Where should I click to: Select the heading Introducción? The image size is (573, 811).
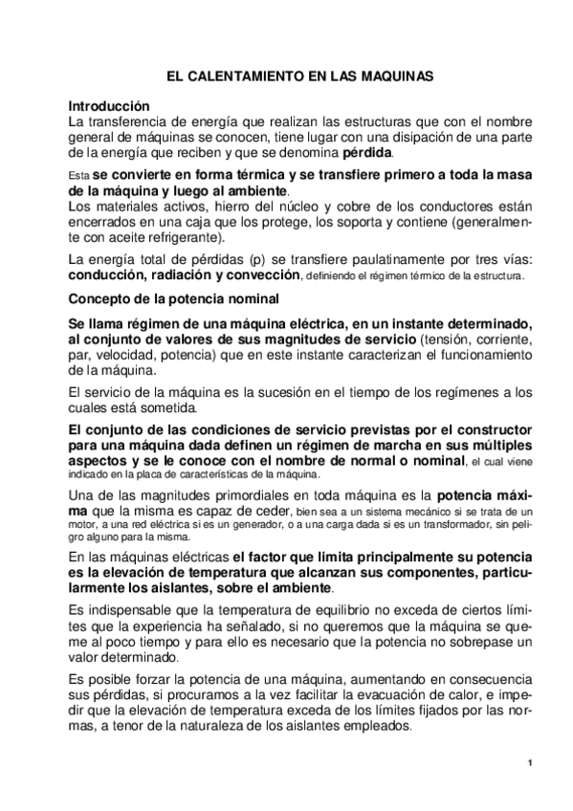point(109,106)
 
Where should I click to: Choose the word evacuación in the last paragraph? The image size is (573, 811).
point(392,696)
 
